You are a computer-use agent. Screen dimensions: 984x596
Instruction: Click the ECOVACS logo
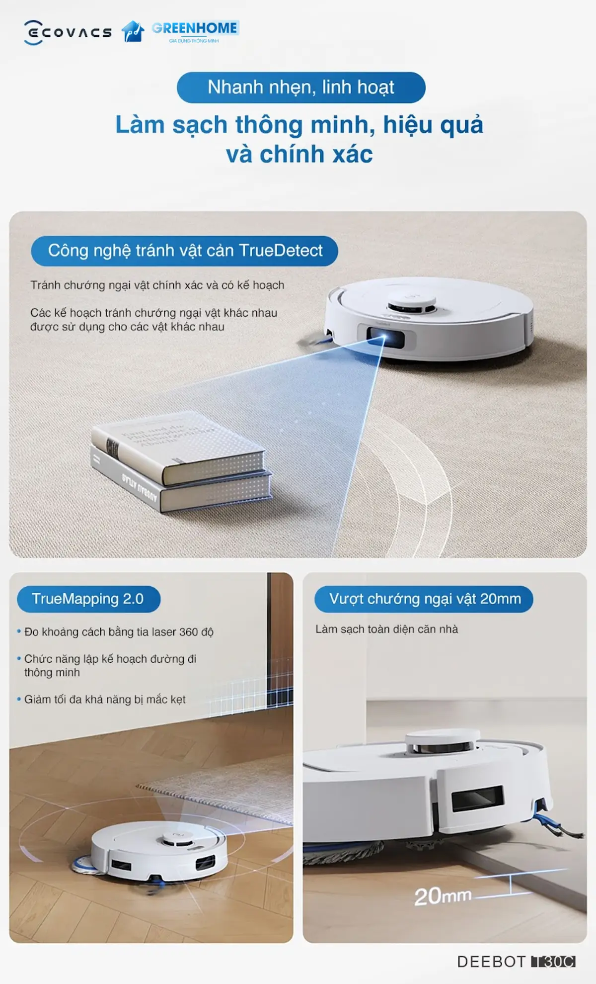coord(68,32)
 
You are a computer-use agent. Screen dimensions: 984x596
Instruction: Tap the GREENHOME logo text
coord(195,28)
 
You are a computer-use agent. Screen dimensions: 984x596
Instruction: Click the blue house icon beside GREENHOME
coord(133,31)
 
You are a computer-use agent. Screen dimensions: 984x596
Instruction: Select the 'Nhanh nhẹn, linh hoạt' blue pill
coord(301,88)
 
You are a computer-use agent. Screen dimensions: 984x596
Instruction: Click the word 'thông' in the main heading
coord(269,124)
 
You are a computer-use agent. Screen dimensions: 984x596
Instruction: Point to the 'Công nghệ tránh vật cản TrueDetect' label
coord(185,251)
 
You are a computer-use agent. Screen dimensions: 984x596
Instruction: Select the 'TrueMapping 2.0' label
coord(88,599)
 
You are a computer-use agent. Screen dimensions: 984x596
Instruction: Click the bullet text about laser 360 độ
coord(119,632)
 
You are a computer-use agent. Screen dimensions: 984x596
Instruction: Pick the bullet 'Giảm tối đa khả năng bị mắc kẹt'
coord(105,700)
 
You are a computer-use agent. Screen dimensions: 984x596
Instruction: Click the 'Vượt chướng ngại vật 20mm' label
coord(425,599)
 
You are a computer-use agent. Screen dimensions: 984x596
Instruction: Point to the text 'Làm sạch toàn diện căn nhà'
coord(386,629)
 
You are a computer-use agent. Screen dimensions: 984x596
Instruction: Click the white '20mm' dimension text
coord(443,896)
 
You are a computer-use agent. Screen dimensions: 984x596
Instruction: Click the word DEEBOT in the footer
coord(491,962)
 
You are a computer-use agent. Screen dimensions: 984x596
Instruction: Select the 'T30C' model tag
coord(553,962)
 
